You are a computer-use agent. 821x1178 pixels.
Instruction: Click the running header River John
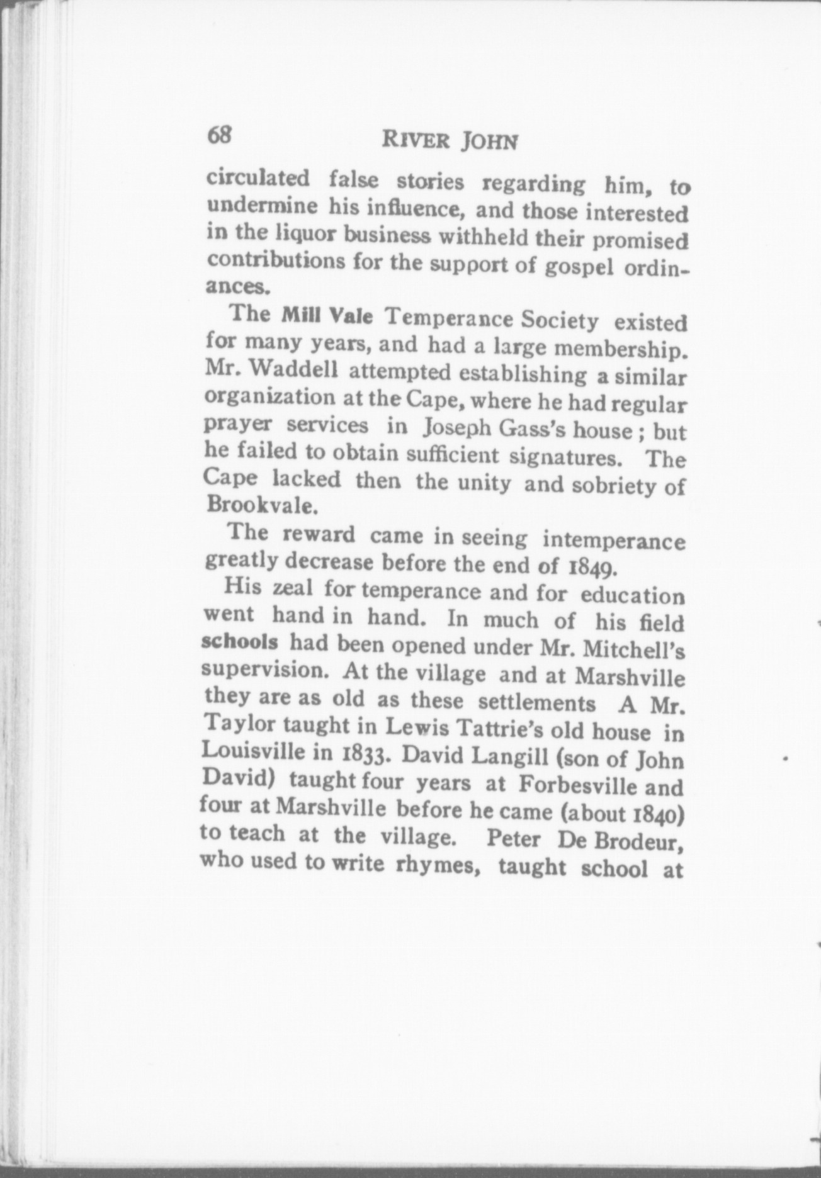click(x=450, y=141)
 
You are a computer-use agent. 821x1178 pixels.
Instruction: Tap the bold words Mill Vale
click(x=327, y=315)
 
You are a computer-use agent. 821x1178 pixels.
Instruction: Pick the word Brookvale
click(x=251, y=505)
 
